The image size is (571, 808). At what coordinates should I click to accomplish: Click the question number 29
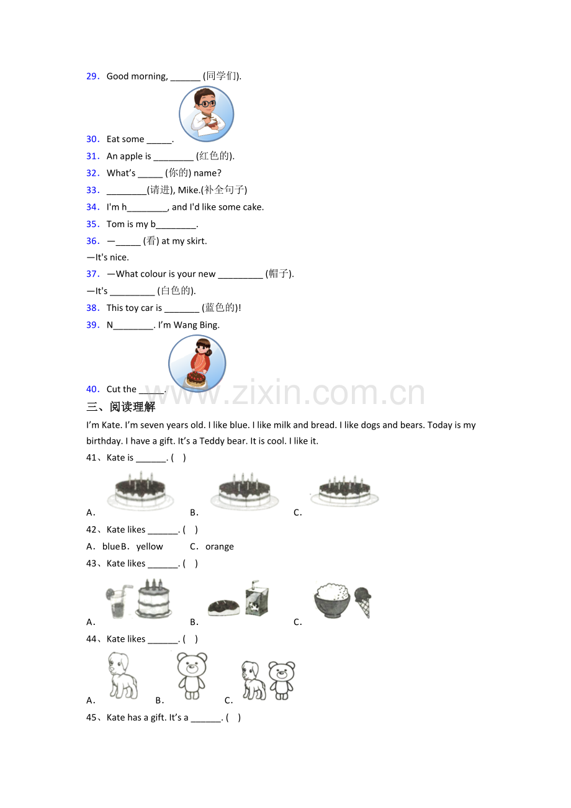[x=92, y=76]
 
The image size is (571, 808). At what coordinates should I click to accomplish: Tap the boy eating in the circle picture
[x=206, y=114]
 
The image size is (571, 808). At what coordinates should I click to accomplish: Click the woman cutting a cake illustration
[x=197, y=363]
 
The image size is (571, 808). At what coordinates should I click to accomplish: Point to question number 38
[x=92, y=308]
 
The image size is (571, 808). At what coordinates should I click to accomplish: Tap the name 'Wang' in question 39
[x=185, y=325]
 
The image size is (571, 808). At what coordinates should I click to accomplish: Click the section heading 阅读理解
[x=132, y=407]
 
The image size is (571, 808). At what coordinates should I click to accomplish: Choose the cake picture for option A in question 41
[x=140, y=490]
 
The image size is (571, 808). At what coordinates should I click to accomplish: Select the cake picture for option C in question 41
[x=344, y=490]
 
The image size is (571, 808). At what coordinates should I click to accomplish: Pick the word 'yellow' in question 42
[x=150, y=547]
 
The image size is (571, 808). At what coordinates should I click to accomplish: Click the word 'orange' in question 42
[x=220, y=547]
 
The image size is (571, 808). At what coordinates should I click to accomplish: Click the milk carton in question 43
[x=256, y=598]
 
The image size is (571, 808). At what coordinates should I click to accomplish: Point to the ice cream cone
[x=363, y=602]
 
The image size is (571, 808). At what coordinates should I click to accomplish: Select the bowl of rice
[x=332, y=599]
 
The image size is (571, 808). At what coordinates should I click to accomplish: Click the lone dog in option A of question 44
[x=123, y=675]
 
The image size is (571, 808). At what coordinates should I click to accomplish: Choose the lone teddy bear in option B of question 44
[x=192, y=675]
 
